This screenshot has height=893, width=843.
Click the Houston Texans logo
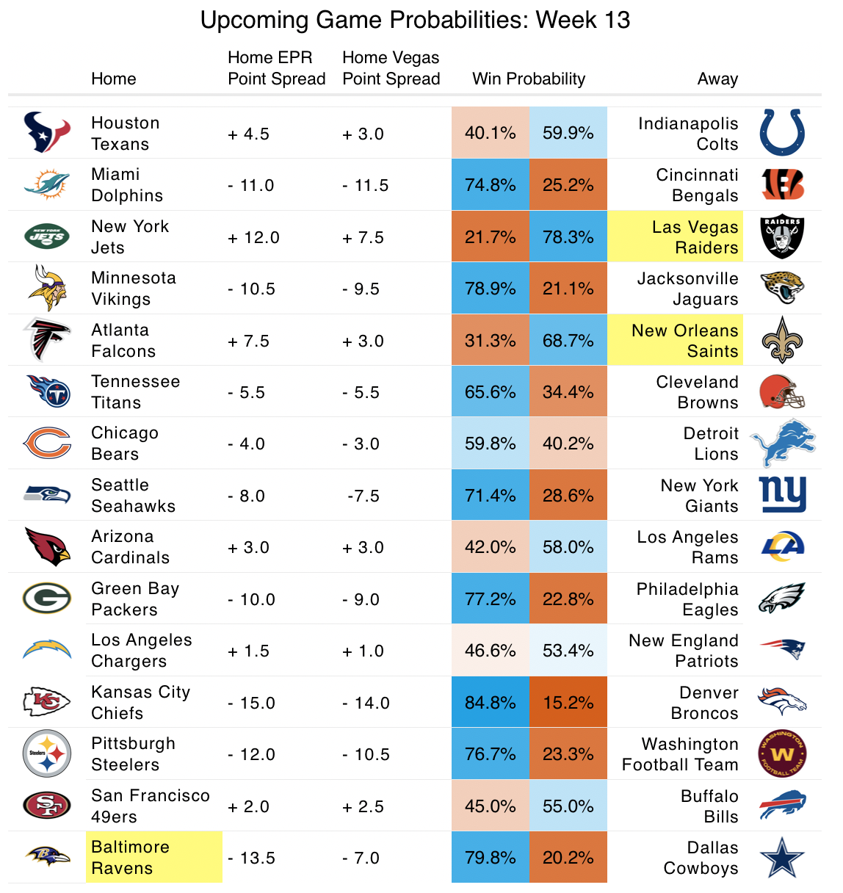pyautogui.click(x=47, y=133)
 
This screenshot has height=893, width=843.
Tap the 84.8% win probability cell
pyautogui.click(x=490, y=703)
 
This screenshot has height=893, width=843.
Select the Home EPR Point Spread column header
pyautogui.click(x=276, y=68)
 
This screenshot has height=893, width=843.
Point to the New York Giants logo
pyautogui.click(x=782, y=495)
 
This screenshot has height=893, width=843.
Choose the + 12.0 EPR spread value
pyautogui.click(x=253, y=237)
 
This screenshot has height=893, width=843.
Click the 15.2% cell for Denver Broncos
pyautogui.click(x=568, y=703)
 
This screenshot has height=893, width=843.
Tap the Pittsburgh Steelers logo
pyautogui.click(x=47, y=753)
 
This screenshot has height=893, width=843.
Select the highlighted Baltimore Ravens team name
pyautogui.click(x=131, y=857)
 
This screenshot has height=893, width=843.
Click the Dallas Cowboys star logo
pyautogui.click(x=782, y=857)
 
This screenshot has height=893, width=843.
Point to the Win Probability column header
pyautogui.click(x=529, y=79)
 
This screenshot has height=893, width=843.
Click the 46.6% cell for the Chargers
pyautogui.click(x=490, y=651)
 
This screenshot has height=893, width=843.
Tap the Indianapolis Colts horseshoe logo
pyautogui.click(x=782, y=132)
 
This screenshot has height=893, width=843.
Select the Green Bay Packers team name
pyautogui.click(x=135, y=599)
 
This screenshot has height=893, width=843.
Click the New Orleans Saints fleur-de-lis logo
pyautogui.click(x=782, y=340)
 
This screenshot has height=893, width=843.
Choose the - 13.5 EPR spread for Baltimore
pyautogui.click(x=251, y=858)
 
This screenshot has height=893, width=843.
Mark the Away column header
pyautogui.click(x=717, y=79)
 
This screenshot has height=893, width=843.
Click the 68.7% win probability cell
pyautogui.click(x=568, y=341)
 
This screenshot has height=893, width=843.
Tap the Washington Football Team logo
pyautogui.click(x=782, y=753)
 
